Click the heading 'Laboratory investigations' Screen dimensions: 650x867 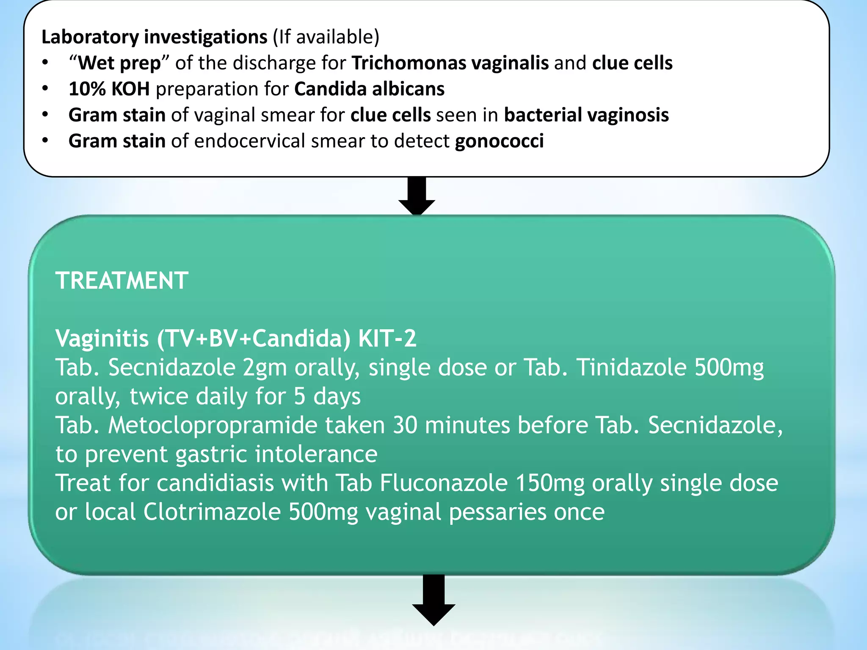point(154,37)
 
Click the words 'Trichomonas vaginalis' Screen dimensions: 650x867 point(450,63)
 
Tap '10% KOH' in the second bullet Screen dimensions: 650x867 point(109,89)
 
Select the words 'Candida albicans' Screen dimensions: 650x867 point(369,89)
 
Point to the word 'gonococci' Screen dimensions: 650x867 point(499,141)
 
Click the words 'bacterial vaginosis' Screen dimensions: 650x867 point(586,115)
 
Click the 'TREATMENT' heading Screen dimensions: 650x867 point(122,281)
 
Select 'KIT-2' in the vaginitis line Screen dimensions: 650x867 point(387,339)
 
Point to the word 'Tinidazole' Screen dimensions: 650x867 point(632,367)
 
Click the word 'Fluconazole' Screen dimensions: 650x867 point(443,483)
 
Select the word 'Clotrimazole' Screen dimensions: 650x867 point(212,512)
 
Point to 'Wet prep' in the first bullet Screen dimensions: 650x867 point(120,63)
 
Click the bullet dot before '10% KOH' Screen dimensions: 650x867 point(45,89)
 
